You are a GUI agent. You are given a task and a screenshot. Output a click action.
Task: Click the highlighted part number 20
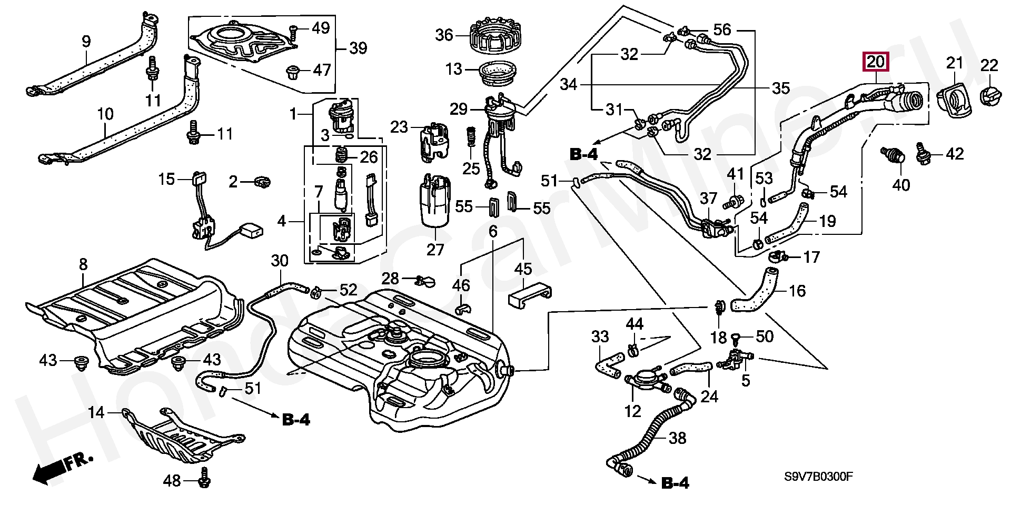pyautogui.click(x=875, y=62)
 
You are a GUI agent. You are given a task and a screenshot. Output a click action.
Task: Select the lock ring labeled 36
pyautogui.click(x=494, y=36)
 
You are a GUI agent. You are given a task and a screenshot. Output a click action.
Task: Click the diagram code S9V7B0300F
pyautogui.click(x=818, y=477)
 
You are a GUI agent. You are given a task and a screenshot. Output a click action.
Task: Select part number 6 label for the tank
pyautogui.click(x=493, y=231)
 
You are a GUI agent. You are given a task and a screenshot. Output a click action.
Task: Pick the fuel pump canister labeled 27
pyautogui.click(x=435, y=205)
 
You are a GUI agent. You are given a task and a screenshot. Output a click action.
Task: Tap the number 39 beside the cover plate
pyautogui.click(x=358, y=48)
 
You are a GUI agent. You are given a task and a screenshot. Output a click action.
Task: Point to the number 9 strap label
pyautogui.click(x=86, y=41)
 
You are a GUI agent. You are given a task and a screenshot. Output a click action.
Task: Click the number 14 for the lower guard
pyautogui.click(x=96, y=412)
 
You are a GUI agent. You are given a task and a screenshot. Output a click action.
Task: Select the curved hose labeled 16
pyautogui.click(x=755, y=292)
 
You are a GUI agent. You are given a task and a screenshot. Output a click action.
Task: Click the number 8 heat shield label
pyautogui.click(x=83, y=264)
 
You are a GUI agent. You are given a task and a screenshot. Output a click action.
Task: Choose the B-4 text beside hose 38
pyautogui.click(x=675, y=482)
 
